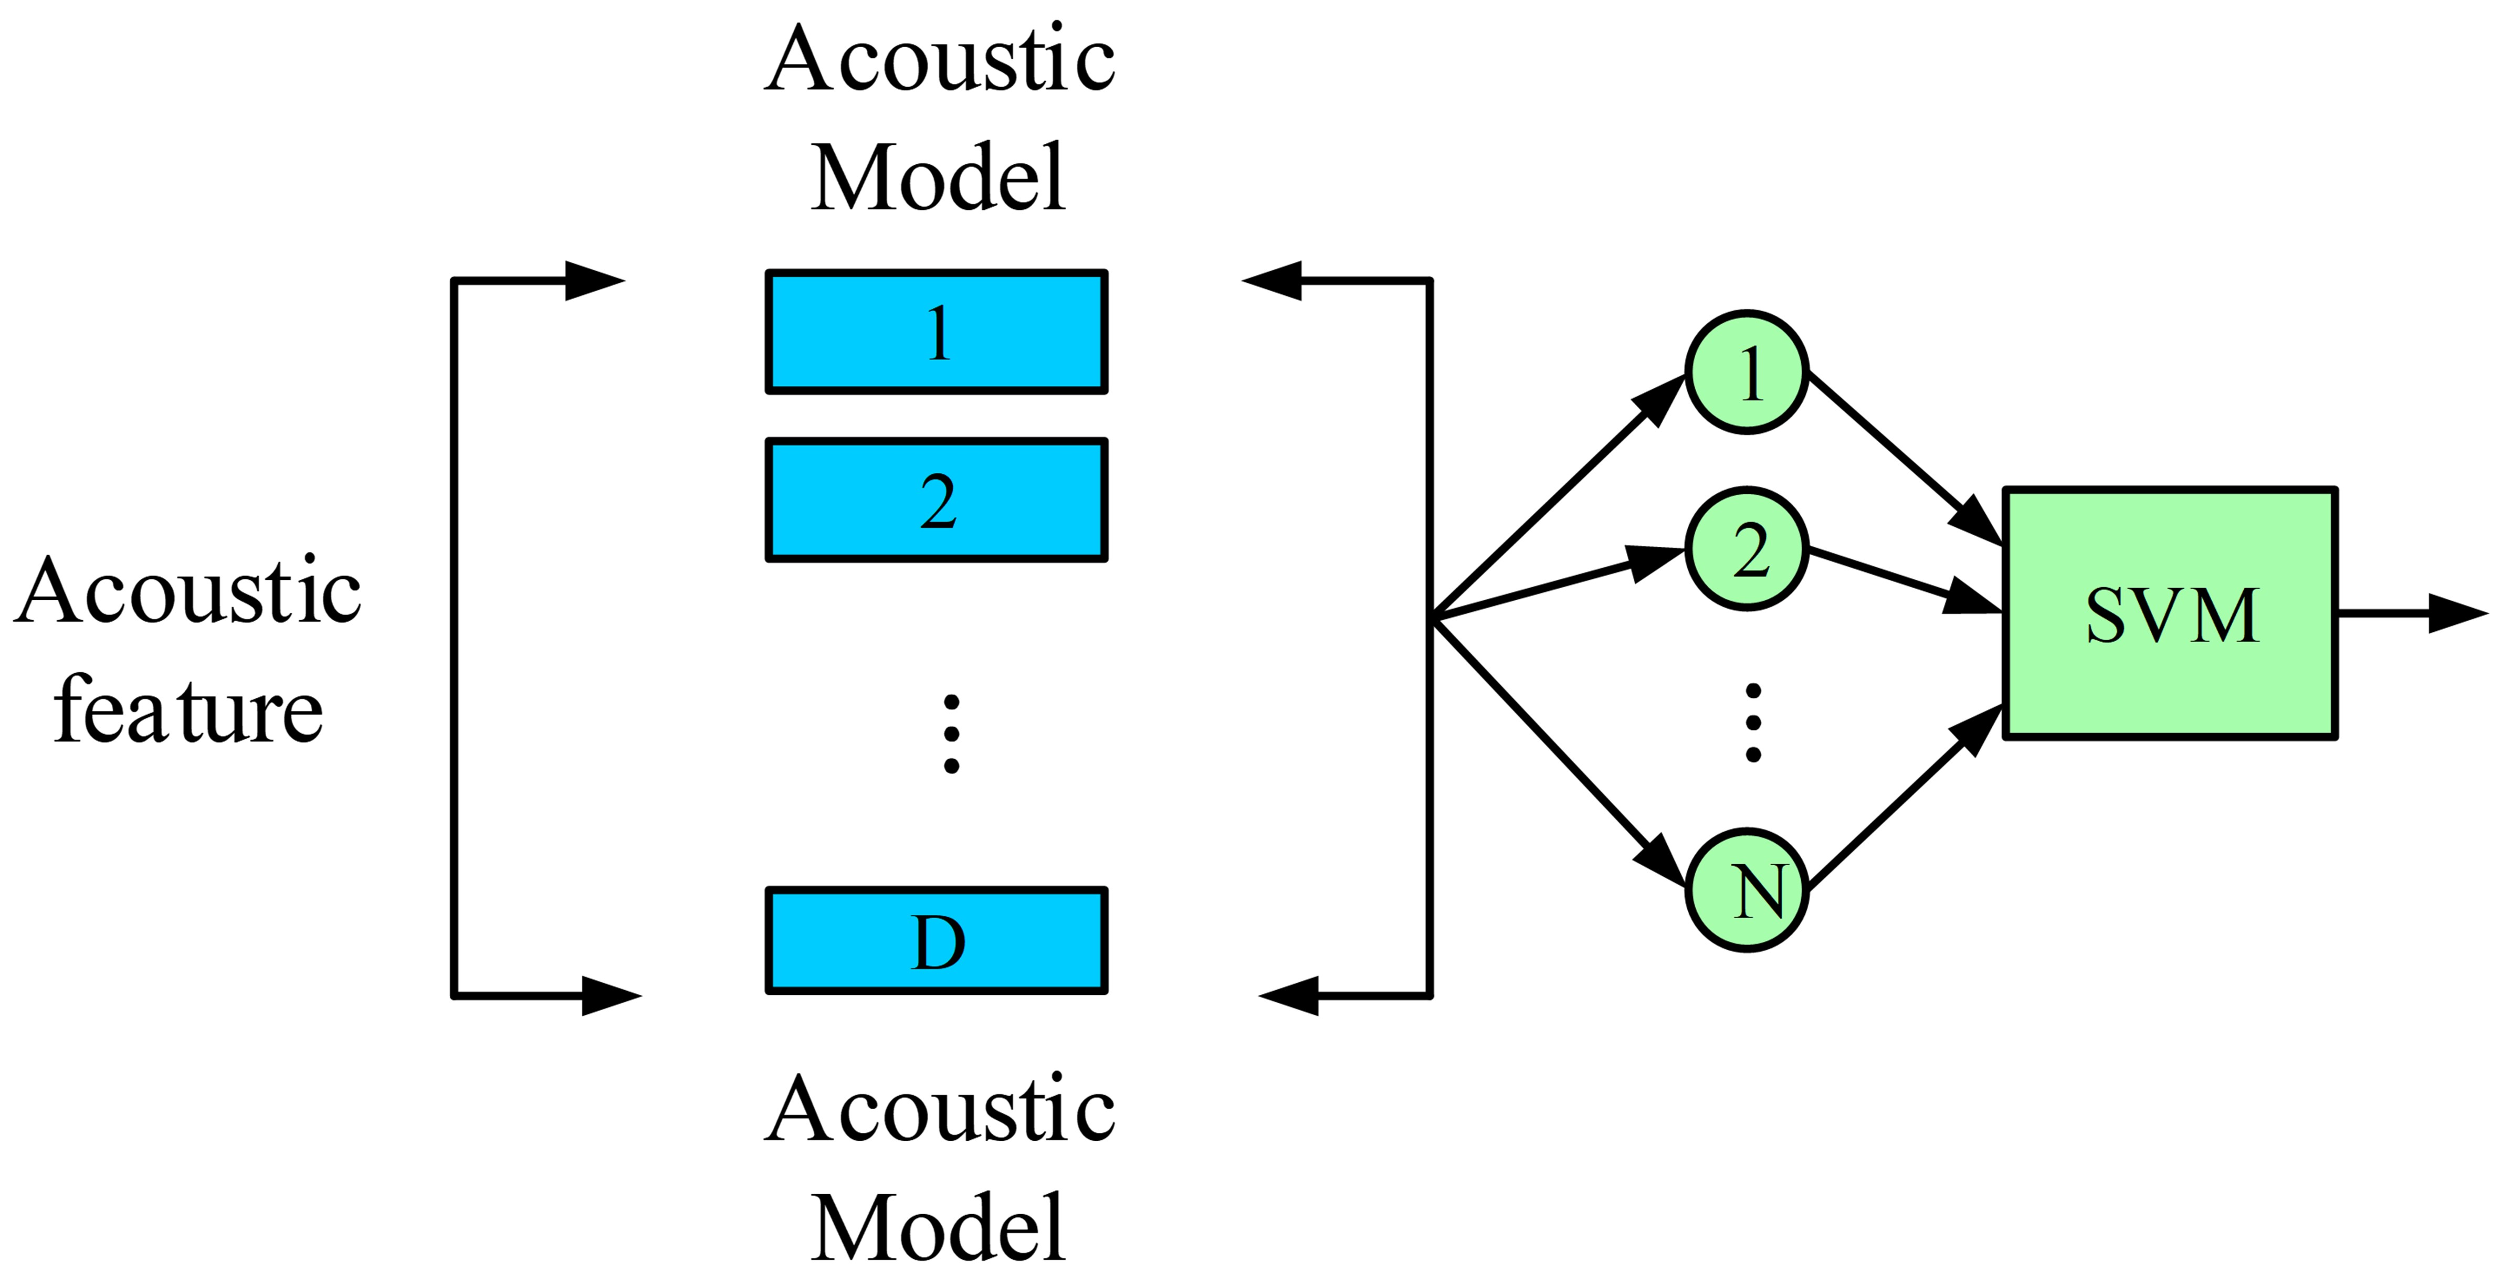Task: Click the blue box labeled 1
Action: pos(937,332)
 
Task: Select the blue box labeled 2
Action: pos(937,500)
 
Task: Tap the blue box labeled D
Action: pos(937,940)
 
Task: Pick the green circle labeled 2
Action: pos(1747,549)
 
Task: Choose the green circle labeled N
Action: pos(1747,889)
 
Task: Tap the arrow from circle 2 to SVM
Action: pos(1904,581)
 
